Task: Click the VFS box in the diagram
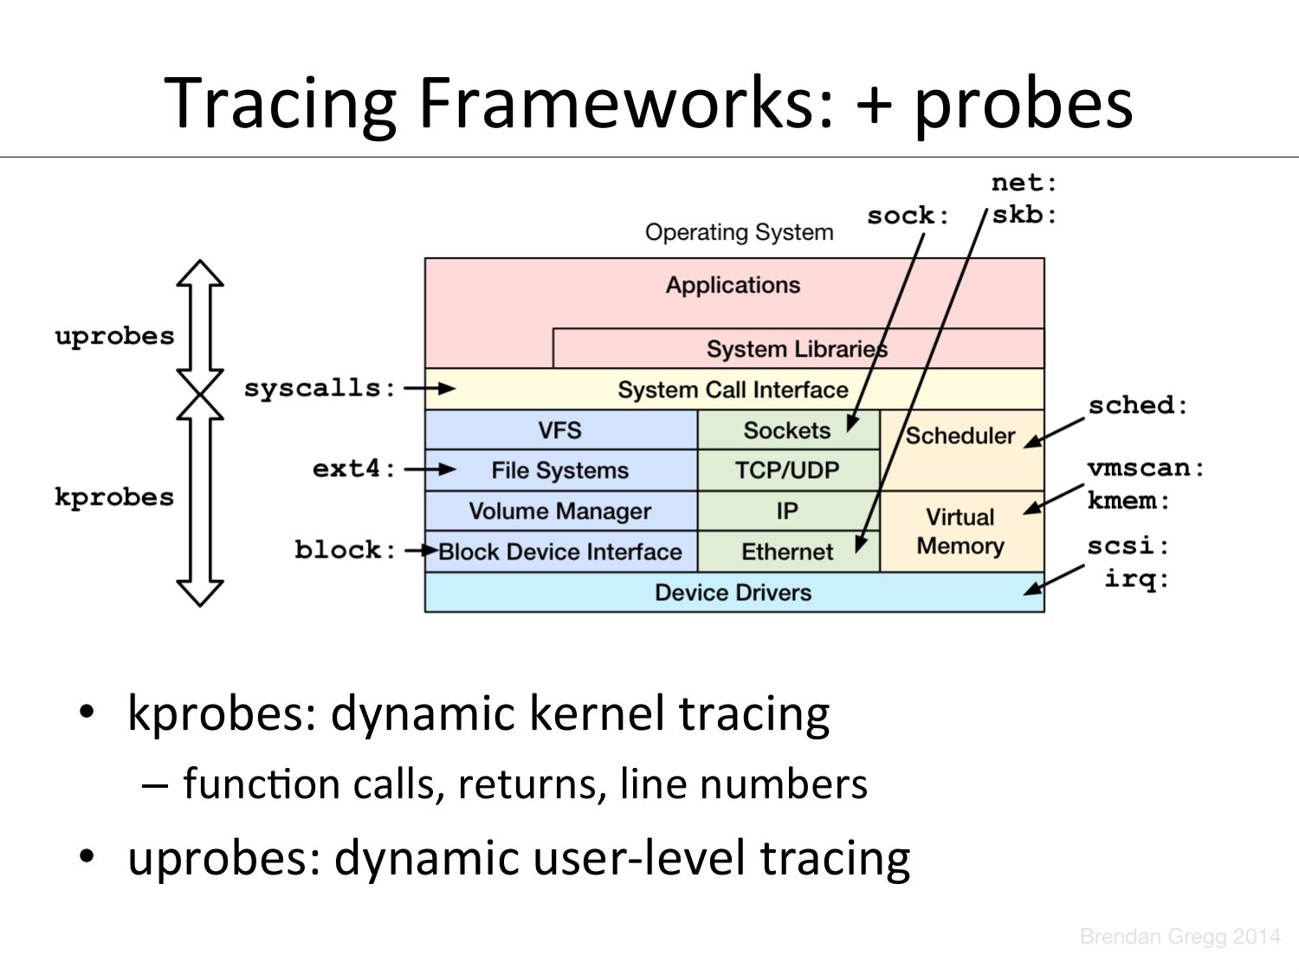pyautogui.click(x=559, y=430)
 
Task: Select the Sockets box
pyautogui.click(x=786, y=430)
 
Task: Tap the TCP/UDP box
pyautogui.click(x=786, y=470)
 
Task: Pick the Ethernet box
pyautogui.click(x=786, y=552)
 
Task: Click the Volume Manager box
pyautogui.click(x=559, y=511)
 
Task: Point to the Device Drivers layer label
pyautogui.click(x=733, y=593)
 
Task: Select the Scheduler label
pyautogui.click(x=960, y=435)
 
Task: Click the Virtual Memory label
pyautogui.click(x=960, y=532)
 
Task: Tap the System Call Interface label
pyautogui.click(x=733, y=390)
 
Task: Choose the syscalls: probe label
pyautogui.click(x=320, y=388)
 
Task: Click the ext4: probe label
pyautogui.click(x=354, y=468)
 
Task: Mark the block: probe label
pyautogui.click(x=345, y=550)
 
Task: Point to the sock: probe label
pyautogui.click(x=908, y=216)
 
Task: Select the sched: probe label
pyautogui.click(x=1138, y=405)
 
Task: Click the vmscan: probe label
pyautogui.click(x=1146, y=468)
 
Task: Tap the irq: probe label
pyautogui.click(x=1136, y=578)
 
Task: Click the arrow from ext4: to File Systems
pyautogui.click(x=430, y=469)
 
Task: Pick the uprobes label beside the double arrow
pyautogui.click(x=114, y=336)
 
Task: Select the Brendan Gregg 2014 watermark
pyautogui.click(x=1179, y=936)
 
